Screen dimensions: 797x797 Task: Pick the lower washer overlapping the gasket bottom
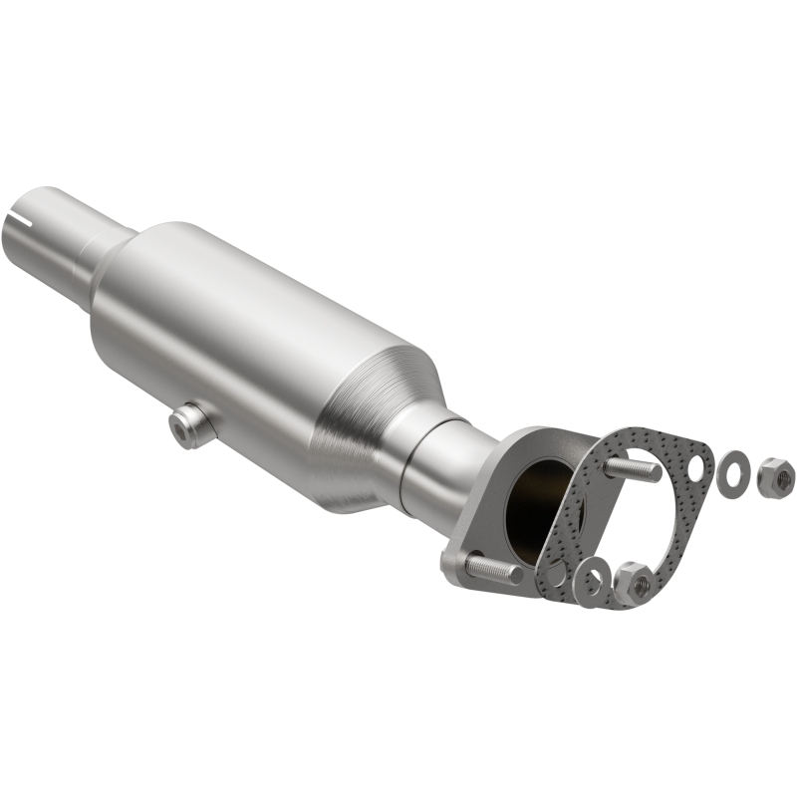595,581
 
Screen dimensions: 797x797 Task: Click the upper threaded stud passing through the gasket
634,467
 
